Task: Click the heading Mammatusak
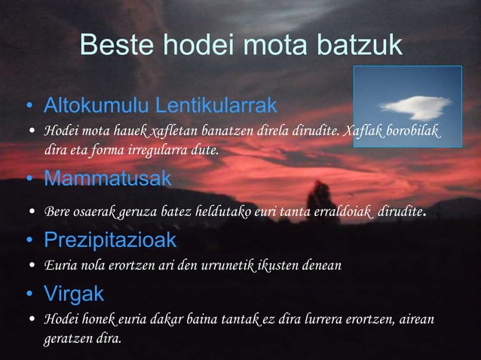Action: pos(107,179)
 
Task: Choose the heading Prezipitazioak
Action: pos(110,241)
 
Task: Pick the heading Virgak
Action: pos(73,291)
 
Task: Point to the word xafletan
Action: pos(173,133)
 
